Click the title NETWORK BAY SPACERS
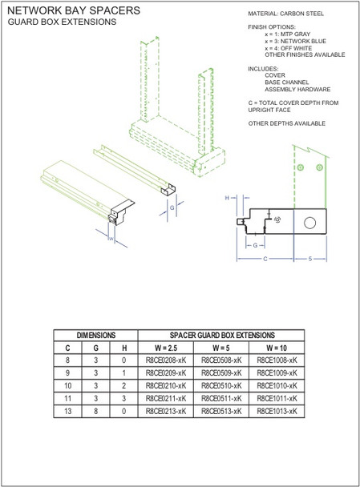pyautogui.click(x=73, y=10)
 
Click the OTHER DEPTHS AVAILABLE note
pyautogui.click(x=287, y=123)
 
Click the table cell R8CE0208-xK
pyautogui.click(x=166, y=361)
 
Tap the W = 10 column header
pyautogui.click(x=277, y=348)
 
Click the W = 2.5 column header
pyautogui.click(x=166, y=348)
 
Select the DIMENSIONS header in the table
pyautogui.click(x=96, y=336)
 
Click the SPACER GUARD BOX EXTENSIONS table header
pyautogui.click(x=221, y=336)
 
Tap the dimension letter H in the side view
pyautogui.click(x=228, y=196)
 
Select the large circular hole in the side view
pyautogui.click(x=310, y=221)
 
